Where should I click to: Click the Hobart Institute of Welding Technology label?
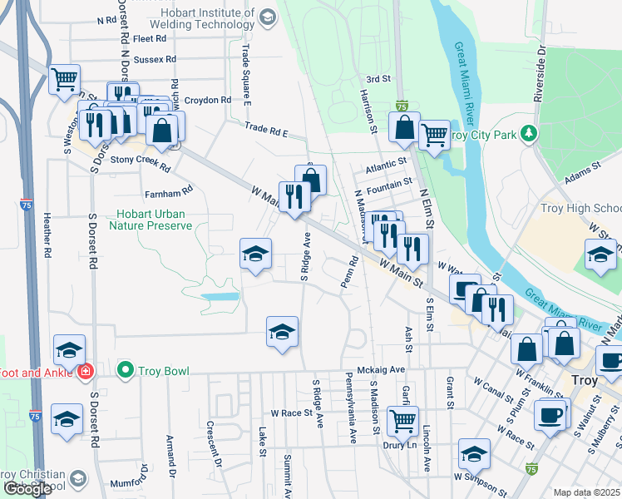tap(195, 17)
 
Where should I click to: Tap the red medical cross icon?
tap(84, 371)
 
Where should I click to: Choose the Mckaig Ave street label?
tap(381, 369)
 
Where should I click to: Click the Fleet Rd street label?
tap(150, 38)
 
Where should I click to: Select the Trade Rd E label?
tap(266, 131)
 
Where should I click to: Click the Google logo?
tap(27, 489)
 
